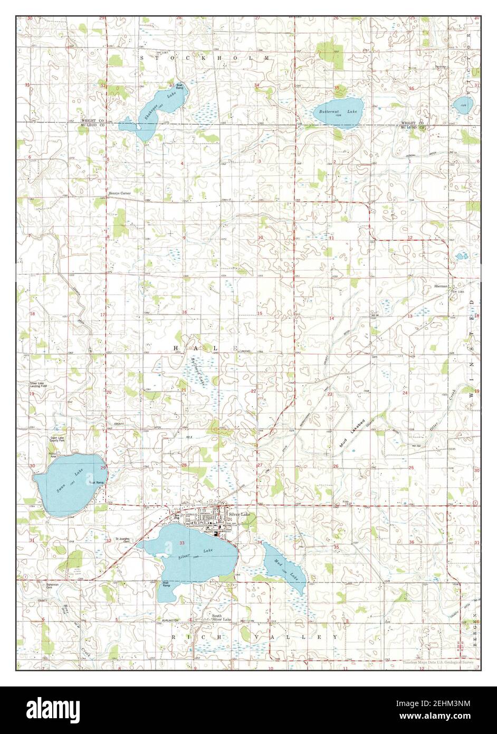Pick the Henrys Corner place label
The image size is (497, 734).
[119, 194]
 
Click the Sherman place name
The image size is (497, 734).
[441, 286]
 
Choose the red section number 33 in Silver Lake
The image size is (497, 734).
[182, 543]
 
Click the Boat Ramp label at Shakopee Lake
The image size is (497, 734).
[179, 87]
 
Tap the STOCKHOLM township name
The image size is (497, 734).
[205, 57]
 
